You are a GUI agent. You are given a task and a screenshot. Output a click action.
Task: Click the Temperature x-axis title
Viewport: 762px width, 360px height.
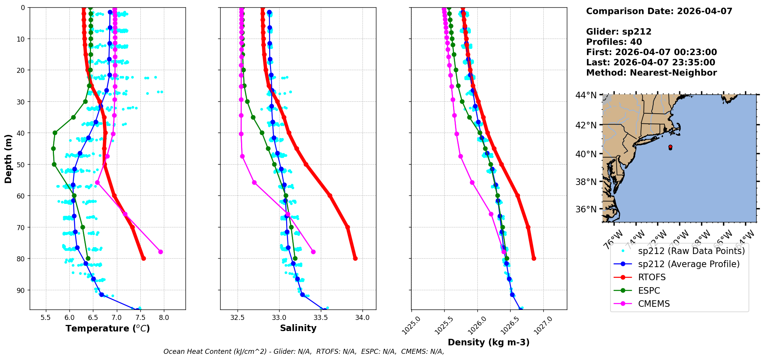click(x=108, y=328)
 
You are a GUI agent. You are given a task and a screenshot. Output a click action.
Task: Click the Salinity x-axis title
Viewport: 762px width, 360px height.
click(x=298, y=328)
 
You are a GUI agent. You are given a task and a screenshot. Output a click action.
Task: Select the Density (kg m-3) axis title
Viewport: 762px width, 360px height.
click(x=489, y=342)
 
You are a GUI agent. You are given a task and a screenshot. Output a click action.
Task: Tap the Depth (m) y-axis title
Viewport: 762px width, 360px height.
click(x=8, y=158)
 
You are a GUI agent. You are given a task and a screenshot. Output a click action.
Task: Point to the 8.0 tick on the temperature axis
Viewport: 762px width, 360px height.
click(x=164, y=317)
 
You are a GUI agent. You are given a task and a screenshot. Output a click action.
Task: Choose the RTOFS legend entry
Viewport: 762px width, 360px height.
click(x=652, y=278)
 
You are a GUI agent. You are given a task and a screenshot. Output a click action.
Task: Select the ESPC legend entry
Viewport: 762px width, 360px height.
click(x=649, y=291)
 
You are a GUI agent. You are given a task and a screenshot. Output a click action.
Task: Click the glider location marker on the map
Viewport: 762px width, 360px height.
click(x=670, y=147)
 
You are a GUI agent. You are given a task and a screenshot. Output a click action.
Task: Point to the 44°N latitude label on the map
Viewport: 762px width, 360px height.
click(x=586, y=95)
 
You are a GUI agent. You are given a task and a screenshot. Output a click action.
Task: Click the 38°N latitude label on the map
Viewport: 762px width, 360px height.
click(x=586, y=182)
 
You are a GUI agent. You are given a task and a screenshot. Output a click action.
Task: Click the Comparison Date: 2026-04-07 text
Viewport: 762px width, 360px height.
click(x=659, y=11)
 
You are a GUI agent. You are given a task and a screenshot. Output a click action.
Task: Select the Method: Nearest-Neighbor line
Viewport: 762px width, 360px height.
click(x=651, y=73)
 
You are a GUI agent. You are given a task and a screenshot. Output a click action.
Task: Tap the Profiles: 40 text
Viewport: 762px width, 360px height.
click(x=614, y=42)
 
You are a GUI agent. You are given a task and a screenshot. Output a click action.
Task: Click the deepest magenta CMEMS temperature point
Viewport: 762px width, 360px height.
click(x=160, y=252)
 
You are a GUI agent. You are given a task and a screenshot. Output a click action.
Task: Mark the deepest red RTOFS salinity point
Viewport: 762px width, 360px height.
click(x=355, y=258)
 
